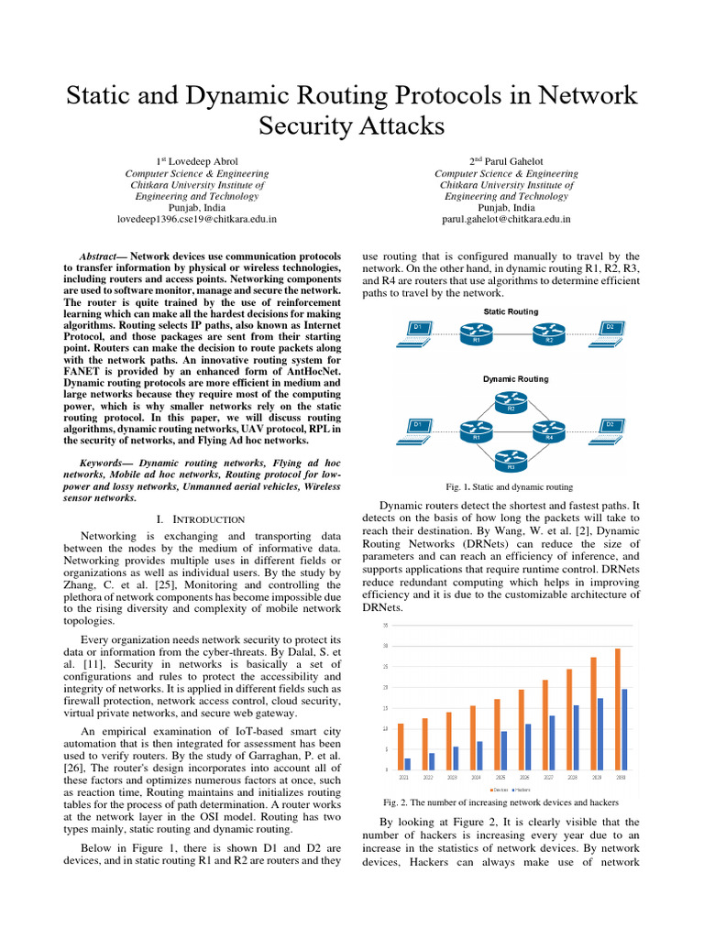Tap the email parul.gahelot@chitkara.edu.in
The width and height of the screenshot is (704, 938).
point(507,220)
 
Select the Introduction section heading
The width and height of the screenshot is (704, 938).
point(202,520)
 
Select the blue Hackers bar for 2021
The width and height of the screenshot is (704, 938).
point(408,763)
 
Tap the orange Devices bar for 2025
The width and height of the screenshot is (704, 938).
point(497,734)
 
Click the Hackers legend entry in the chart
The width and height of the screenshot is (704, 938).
point(521,789)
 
